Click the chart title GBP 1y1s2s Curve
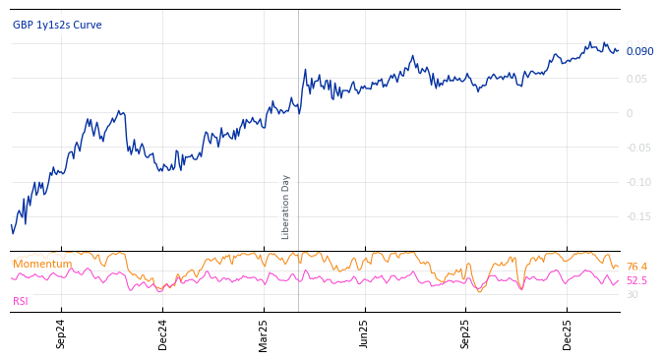coord(57,26)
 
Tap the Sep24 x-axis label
coord(61,333)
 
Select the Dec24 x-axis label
coord(163,333)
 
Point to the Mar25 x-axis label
coord(264,333)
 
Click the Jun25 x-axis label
coord(364,333)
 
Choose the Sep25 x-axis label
coord(465,333)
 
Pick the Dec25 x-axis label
coord(567,333)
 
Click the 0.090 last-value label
coord(639,52)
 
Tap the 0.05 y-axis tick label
coord(637,79)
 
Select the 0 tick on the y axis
coord(630,113)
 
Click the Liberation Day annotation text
coord(286,207)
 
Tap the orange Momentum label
coord(42,264)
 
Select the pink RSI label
coord(21,301)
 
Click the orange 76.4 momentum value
coord(636,267)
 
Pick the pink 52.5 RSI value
coord(636,281)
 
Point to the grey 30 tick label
coord(632,295)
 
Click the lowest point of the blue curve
coord(13,233)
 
